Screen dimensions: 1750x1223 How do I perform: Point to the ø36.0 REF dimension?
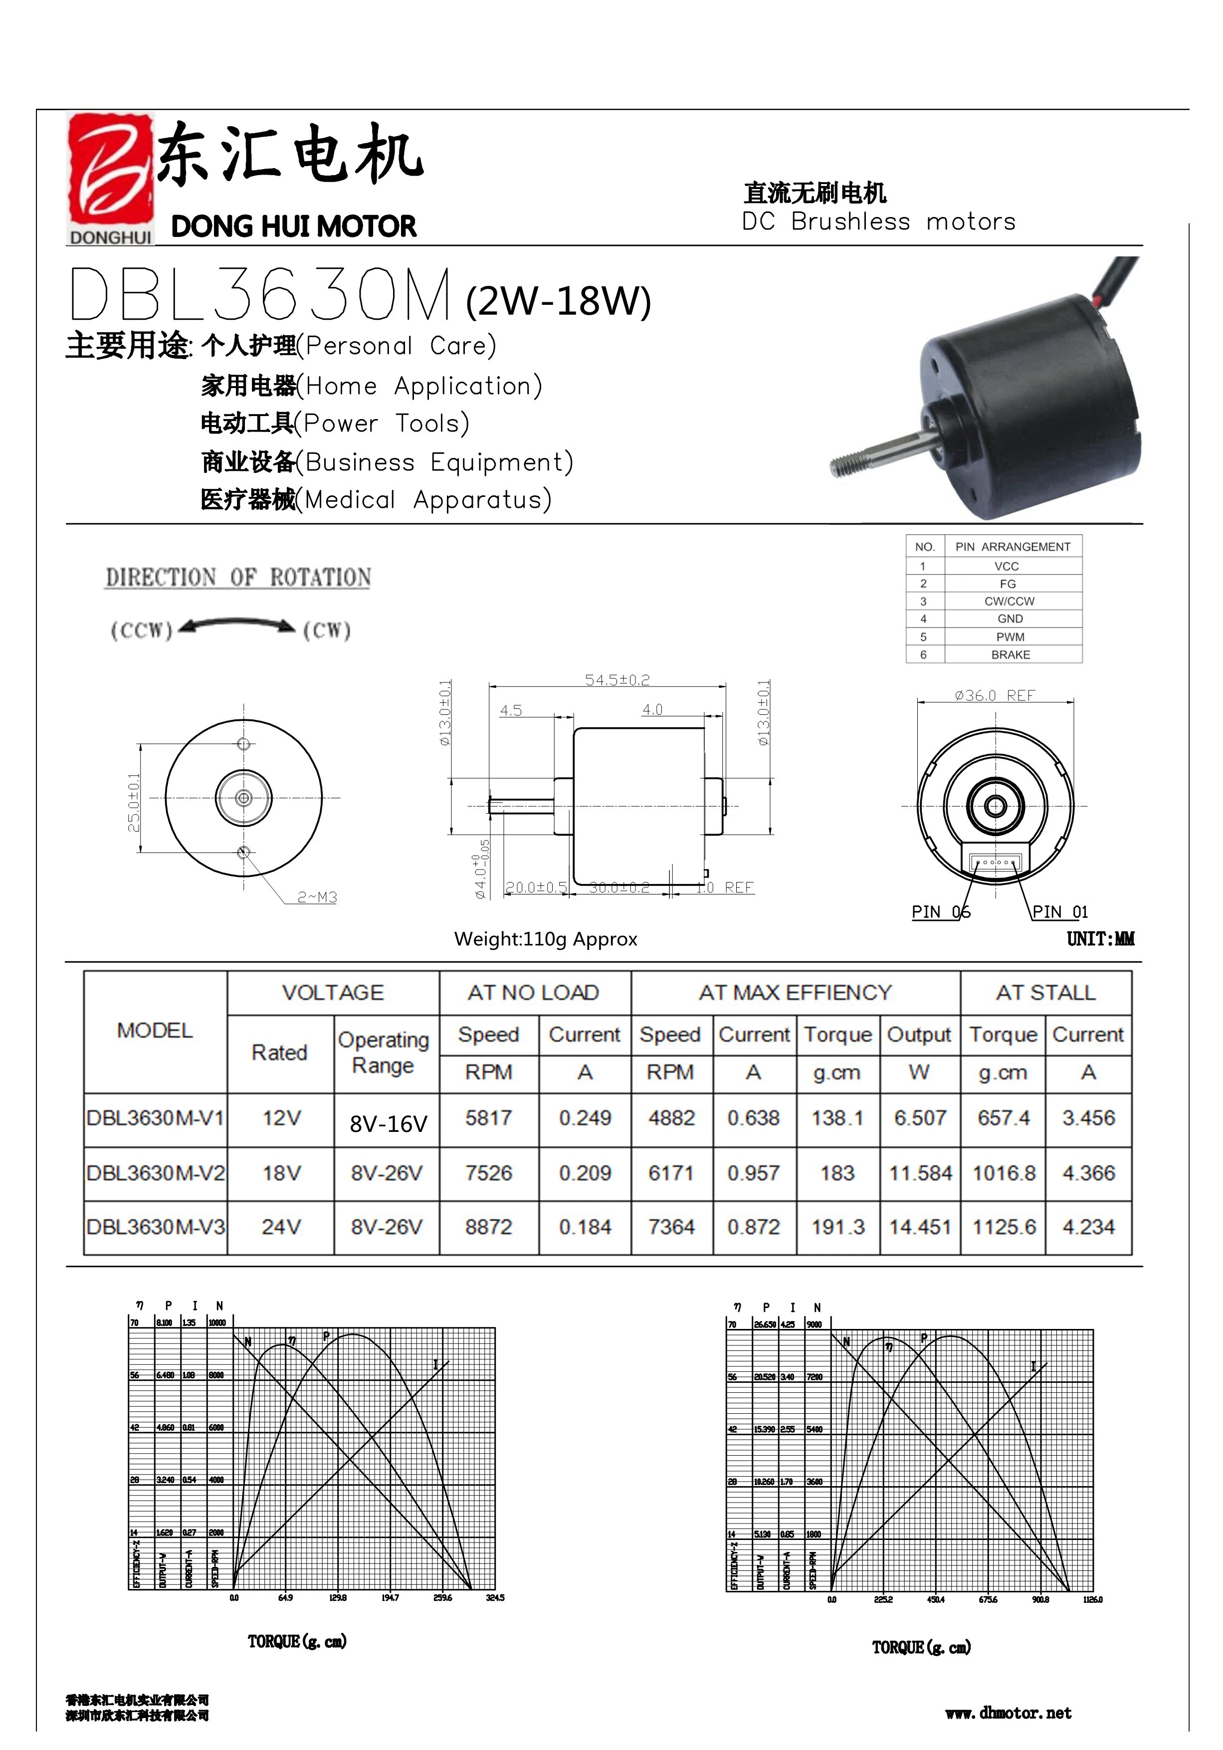(x=995, y=695)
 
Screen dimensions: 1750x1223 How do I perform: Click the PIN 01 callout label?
(x=1059, y=911)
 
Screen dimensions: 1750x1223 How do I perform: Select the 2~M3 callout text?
(x=317, y=897)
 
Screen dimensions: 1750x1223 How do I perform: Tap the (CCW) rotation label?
(x=142, y=631)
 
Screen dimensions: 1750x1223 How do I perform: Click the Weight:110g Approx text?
(x=546, y=939)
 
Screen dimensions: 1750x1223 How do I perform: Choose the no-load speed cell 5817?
(x=488, y=1118)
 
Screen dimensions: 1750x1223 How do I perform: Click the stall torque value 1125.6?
(x=1004, y=1227)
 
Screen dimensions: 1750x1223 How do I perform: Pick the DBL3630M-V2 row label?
(x=156, y=1173)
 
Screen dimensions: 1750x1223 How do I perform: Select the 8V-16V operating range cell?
(x=388, y=1123)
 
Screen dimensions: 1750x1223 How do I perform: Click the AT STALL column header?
(x=1045, y=992)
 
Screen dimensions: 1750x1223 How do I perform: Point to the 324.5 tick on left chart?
(x=494, y=1597)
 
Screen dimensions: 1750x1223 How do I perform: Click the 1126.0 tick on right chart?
(x=1092, y=1600)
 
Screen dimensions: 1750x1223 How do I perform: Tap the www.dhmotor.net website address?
(x=1008, y=1714)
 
